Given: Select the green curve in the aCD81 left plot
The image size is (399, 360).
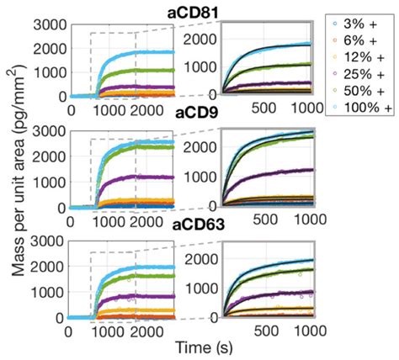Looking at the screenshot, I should (x=135, y=70).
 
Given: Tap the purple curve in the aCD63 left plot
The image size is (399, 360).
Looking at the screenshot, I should (x=135, y=296).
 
